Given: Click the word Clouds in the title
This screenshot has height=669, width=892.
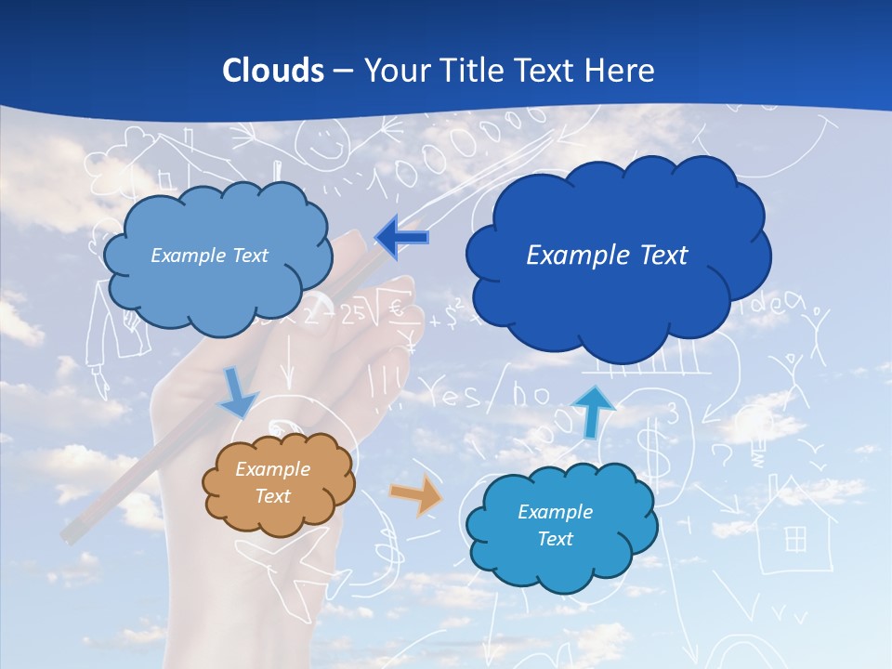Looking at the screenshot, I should click(x=273, y=71).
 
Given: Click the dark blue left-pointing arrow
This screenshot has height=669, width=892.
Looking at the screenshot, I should click(x=401, y=238).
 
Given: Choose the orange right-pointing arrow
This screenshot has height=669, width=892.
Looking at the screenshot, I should click(x=415, y=496).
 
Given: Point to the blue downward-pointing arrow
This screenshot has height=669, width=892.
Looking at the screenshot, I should click(x=238, y=392).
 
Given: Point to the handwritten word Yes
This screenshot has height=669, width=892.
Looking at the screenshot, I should click(x=454, y=394).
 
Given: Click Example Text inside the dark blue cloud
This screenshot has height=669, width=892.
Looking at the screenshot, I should click(x=607, y=255).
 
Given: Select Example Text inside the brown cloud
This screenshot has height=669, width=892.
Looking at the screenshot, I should click(x=272, y=482).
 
